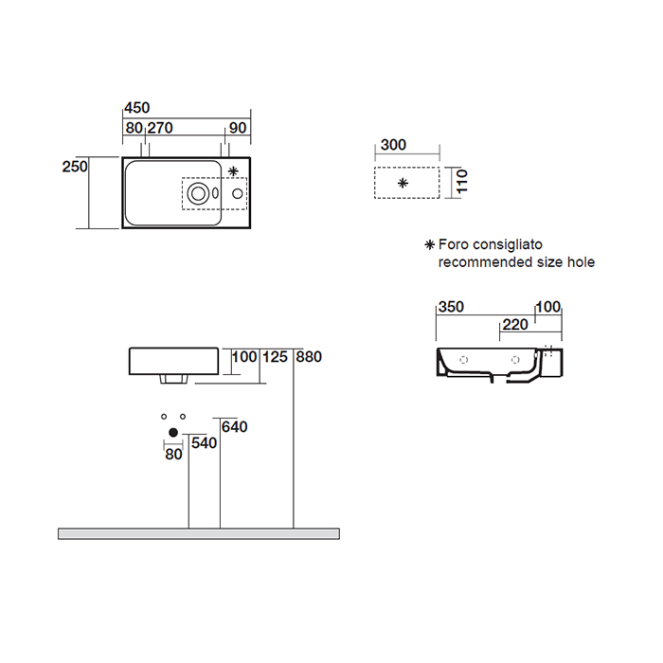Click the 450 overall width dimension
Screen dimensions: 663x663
[137, 108]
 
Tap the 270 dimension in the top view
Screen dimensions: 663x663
[160, 128]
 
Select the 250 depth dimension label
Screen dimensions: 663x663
[75, 167]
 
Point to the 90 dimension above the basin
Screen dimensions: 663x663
[238, 128]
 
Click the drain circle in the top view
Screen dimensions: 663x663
[198, 193]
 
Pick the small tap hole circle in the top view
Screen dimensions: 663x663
[238, 193]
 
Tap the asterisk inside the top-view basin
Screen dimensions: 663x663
[233, 171]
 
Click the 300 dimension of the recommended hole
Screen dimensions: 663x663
[393, 145]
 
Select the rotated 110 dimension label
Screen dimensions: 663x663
[462, 181]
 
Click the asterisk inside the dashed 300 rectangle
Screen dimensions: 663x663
[403, 183]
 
